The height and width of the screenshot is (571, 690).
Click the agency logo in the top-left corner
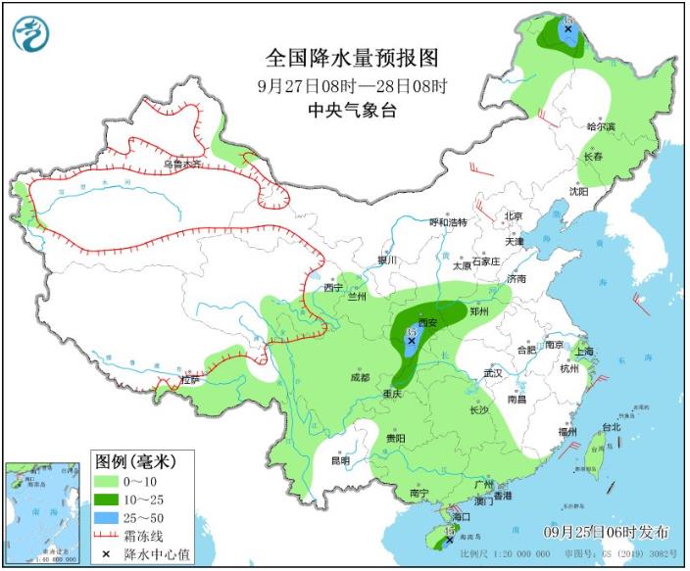[31, 34]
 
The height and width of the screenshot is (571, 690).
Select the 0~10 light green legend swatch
[109, 481]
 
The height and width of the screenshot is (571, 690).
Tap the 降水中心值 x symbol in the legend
[109, 553]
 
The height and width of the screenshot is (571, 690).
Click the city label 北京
[514, 216]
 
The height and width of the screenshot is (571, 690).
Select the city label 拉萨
[190, 380]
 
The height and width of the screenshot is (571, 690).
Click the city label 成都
[361, 377]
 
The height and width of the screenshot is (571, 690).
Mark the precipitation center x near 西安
[411, 341]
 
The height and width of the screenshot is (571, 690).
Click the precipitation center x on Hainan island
[449, 538]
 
